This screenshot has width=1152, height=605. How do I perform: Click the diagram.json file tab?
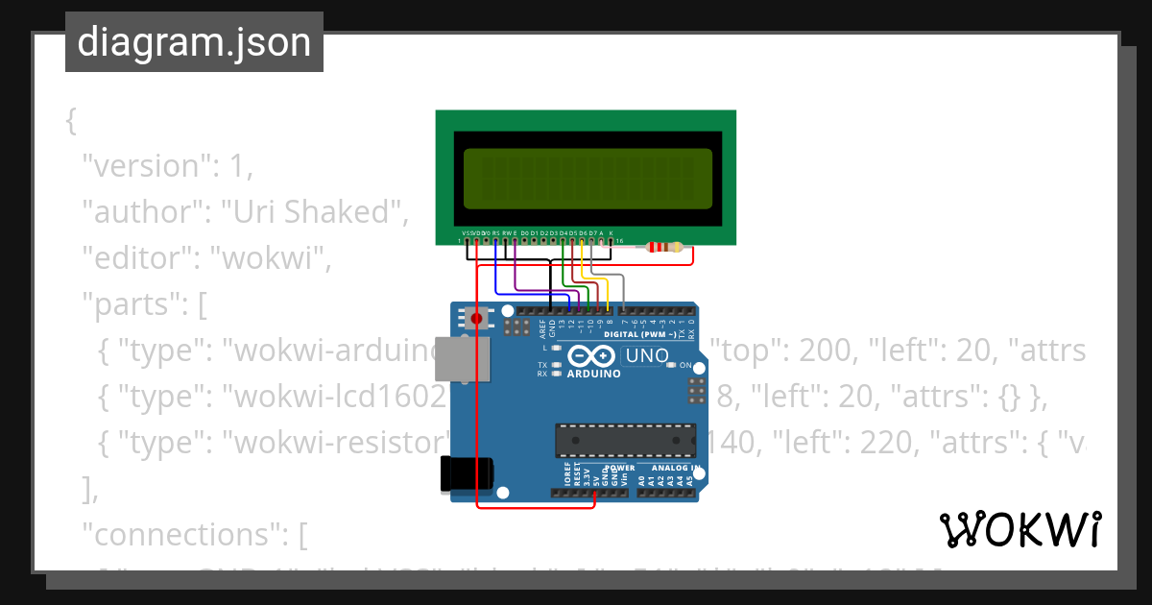click(194, 42)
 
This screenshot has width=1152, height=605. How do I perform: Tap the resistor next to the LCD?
click(665, 247)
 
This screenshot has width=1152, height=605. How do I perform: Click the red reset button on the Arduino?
click(476, 318)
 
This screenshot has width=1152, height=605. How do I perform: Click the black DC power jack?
click(467, 472)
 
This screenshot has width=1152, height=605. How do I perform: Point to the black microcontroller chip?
click(625, 439)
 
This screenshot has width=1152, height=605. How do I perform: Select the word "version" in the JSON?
click(144, 166)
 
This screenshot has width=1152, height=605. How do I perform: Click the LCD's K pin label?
click(612, 232)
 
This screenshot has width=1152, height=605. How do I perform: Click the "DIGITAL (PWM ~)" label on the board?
click(641, 334)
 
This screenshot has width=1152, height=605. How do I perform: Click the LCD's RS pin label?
click(495, 232)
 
